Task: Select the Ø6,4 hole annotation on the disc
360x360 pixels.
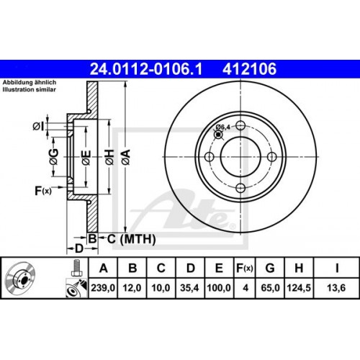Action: tap(223, 127)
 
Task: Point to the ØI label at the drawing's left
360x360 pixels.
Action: tap(37, 127)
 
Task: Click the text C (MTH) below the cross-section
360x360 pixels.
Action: tap(123, 238)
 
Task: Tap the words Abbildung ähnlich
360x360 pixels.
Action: tap(27, 81)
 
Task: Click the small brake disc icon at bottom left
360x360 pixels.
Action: tap(27, 280)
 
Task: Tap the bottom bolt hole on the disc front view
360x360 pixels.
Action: tap(239, 189)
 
